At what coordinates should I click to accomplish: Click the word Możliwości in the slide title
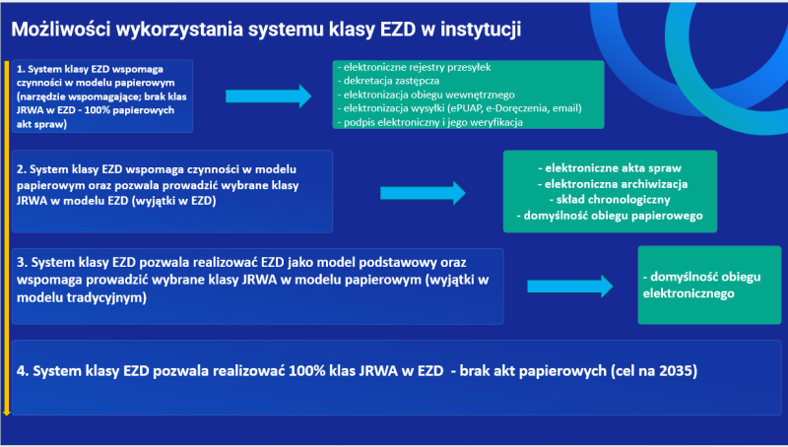point(60,30)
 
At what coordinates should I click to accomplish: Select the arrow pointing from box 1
point(268,96)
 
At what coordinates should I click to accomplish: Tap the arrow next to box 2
point(423,193)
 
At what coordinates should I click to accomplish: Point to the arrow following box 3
point(570,287)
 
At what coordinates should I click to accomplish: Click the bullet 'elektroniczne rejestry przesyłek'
point(414,67)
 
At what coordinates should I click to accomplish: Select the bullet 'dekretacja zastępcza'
point(388,81)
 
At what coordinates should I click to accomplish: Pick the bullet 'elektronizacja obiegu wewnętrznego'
point(427,95)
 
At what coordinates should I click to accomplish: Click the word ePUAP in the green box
point(466,108)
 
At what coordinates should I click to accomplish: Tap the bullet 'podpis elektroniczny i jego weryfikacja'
point(430,122)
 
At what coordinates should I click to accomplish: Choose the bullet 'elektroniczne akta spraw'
point(610,168)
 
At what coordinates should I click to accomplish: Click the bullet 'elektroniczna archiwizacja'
point(613,184)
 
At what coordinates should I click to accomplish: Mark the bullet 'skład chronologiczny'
point(610,200)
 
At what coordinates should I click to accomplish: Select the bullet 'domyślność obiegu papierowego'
point(610,216)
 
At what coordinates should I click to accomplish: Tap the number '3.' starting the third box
point(22,262)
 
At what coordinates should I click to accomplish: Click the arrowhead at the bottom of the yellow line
point(7,413)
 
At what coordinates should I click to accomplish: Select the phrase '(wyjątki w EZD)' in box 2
point(176,201)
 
